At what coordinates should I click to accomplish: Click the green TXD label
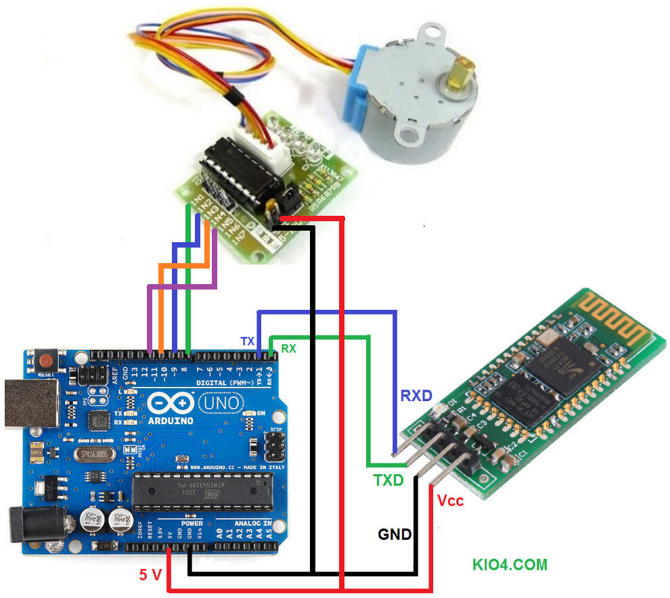388,481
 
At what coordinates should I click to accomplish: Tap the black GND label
395,534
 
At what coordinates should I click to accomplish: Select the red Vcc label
451,501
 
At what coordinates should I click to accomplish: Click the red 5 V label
150,576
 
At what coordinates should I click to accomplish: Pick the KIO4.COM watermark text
509,565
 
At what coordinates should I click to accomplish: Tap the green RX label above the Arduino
288,349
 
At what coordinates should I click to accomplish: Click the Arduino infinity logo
167,404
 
